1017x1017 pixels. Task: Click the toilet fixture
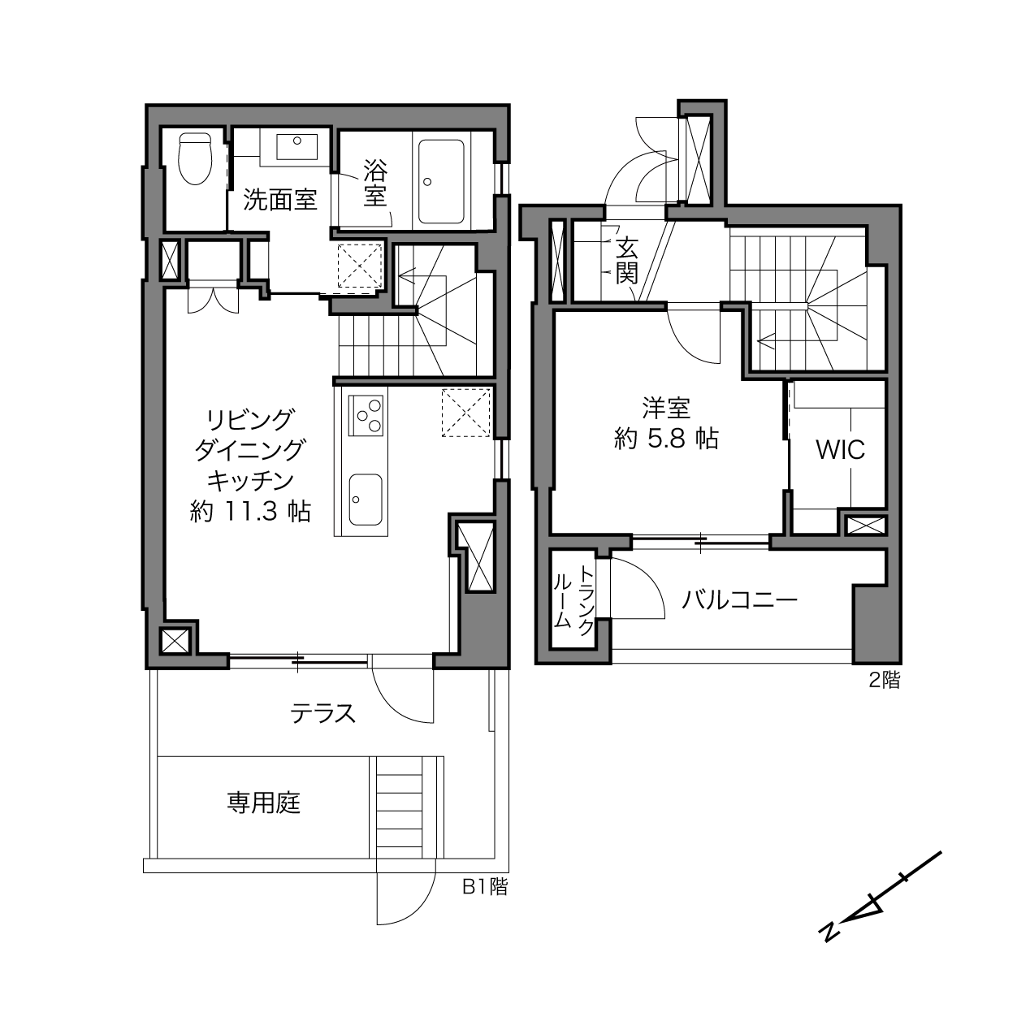click(195, 158)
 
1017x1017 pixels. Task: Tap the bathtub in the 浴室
click(441, 182)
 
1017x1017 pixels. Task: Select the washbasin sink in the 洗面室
click(296, 146)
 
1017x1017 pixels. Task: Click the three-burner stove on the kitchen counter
click(366, 415)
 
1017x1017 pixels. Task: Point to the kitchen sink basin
click(366, 499)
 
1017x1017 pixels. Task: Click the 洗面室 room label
click(279, 200)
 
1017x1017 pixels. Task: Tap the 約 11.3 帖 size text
click(250, 511)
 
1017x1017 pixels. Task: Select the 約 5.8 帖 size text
click(666, 439)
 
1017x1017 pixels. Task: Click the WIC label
click(840, 450)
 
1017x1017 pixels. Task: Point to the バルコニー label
click(739, 600)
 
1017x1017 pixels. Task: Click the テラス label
click(323, 713)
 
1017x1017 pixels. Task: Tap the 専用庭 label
click(263, 803)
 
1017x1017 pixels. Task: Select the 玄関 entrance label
click(627, 261)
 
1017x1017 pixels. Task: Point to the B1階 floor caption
click(484, 886)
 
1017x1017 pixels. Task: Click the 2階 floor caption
click(885, 680)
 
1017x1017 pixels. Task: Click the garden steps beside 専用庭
click(399, 816)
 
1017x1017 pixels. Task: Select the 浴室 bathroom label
click(375, 183)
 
